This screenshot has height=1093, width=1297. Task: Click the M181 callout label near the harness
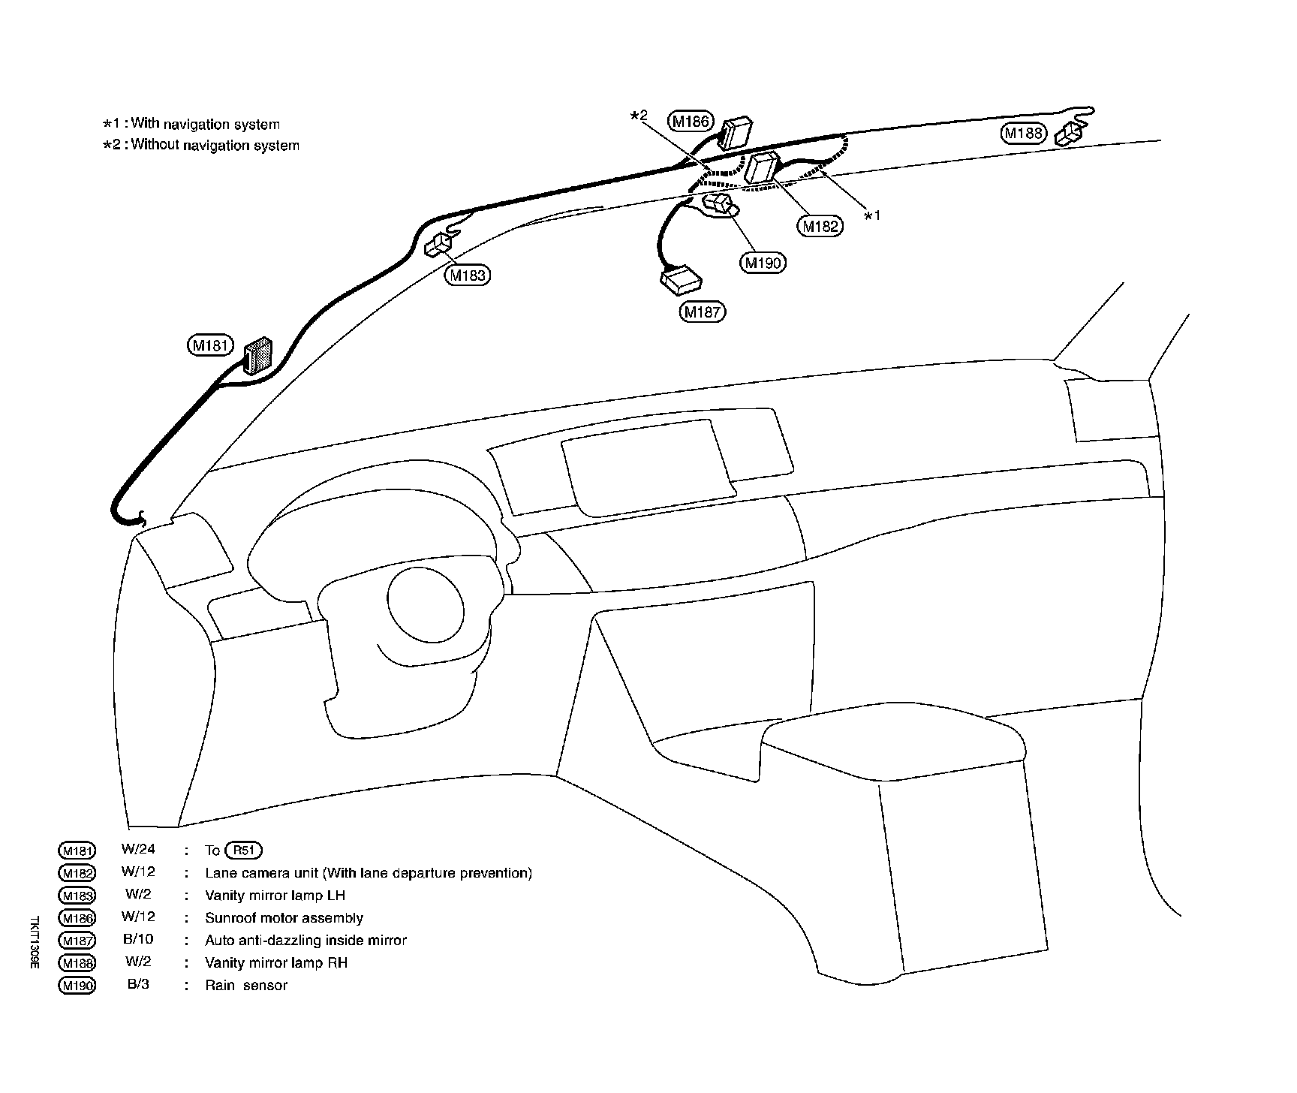click(x=210, y=346)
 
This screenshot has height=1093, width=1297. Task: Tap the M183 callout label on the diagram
click(x=468, y=276)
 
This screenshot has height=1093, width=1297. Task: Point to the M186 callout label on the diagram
click(x=691, y=120)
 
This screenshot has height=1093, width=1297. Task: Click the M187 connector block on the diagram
click(x=681, y=280)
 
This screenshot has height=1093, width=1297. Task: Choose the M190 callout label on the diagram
click(x=763, y=263)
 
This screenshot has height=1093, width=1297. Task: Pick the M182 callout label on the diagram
click(x=820, y=225)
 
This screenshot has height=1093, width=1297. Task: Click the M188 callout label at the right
click(x=1024, y=134)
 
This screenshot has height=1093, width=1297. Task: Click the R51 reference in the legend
click(x=244, y=851)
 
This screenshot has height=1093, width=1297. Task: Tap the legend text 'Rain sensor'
click(x=246, y=986)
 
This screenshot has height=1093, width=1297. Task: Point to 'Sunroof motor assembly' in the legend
click(x=284, y=918)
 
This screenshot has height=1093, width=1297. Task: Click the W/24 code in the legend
click(x=138, y=850)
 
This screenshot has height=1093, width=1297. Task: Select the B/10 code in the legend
click(x=138, y=940)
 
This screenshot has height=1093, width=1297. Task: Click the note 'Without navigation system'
click(x=215, y=146)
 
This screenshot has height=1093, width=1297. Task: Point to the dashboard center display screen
click(x=647, y=468)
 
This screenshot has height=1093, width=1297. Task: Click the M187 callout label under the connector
click(x=703, y=312)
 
